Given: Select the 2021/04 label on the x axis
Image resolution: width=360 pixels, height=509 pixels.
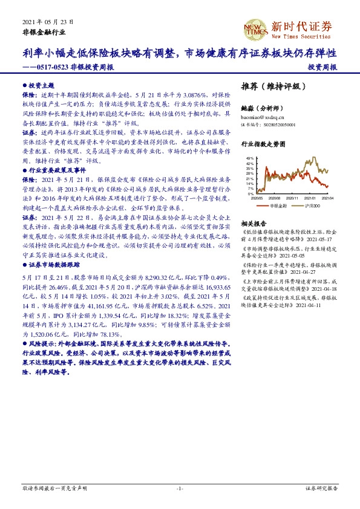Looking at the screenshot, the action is (327, 198).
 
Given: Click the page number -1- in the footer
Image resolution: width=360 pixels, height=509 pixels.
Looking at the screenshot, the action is (179, 487).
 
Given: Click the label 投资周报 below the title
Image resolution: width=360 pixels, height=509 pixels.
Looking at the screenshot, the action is (322, 68).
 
